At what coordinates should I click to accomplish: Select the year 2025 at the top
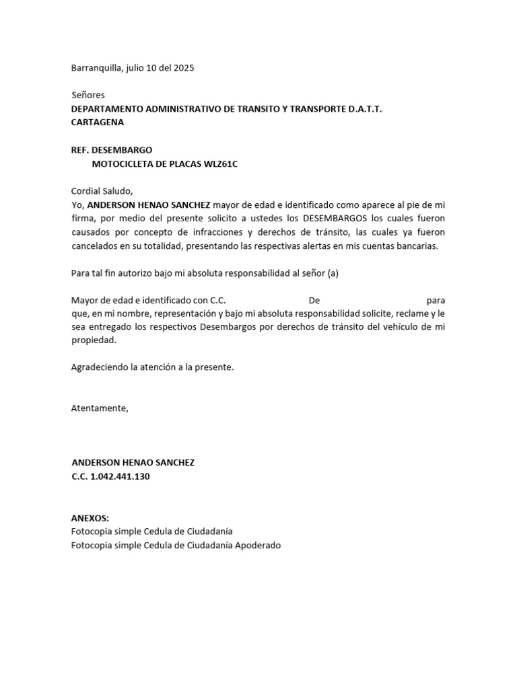click(183, 68)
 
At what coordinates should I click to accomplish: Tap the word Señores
click(88, 96)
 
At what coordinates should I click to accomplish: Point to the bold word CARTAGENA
click(98, 122)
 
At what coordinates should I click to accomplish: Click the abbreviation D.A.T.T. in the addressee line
click(364, 109)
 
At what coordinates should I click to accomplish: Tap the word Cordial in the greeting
click(88, 191)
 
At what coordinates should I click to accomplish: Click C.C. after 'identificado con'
click(217, 299)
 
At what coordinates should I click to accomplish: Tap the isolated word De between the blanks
click(314, 299)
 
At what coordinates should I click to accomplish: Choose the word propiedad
click(93, 340)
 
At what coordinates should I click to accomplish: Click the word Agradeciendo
click(100, 367)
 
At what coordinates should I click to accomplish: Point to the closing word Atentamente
click(99, 408)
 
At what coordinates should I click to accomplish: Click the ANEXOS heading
click(90, 518)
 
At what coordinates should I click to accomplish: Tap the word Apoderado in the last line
click(257, 546)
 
